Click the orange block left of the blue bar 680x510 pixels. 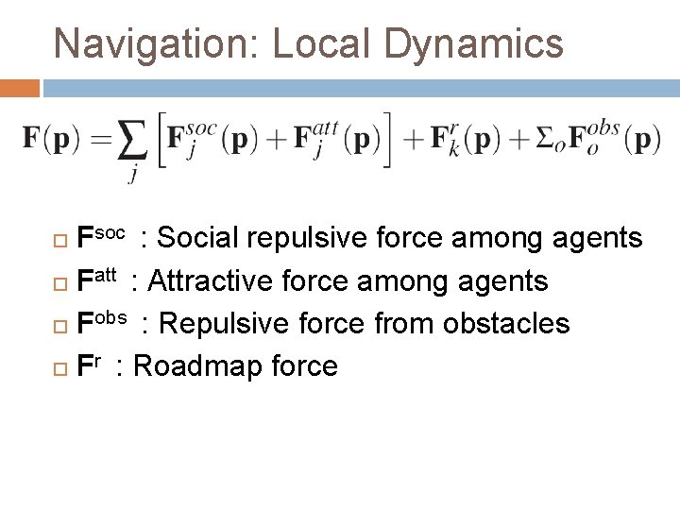pyautogui.click(x=20, y=89)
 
